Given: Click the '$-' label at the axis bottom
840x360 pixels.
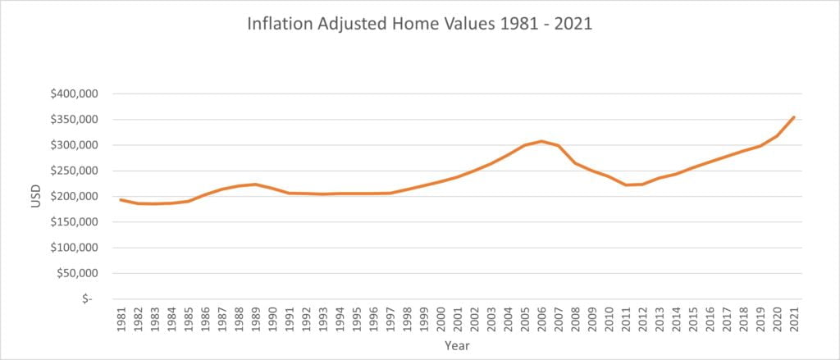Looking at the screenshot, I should click(88, 298).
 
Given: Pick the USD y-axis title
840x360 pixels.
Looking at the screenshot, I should click(35, 197).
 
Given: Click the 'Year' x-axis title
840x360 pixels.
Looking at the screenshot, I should click(457, 346).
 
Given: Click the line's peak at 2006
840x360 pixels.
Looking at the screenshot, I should click(541, 141).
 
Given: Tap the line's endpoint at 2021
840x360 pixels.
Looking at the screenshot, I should click(794, 117).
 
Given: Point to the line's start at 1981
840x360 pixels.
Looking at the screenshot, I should click(121, 199).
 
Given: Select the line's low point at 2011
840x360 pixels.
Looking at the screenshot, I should click(626, 185).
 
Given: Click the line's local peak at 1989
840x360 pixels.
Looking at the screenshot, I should click(256, 184).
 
